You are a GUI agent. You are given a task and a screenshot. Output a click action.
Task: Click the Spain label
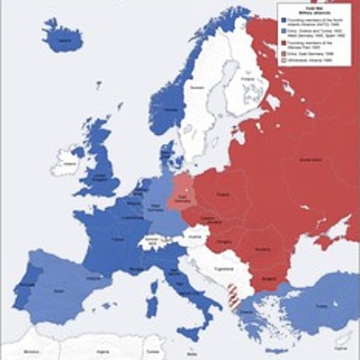point(67,292)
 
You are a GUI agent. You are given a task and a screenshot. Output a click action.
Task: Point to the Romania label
point(265,247)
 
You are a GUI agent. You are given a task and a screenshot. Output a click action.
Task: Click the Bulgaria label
point(268,279)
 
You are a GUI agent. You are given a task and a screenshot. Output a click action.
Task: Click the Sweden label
point(196,90)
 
